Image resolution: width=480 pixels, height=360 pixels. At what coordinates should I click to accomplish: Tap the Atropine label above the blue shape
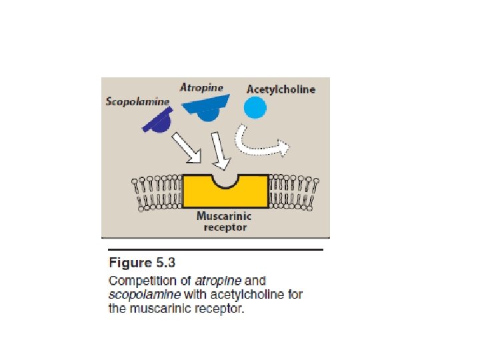[201, 87]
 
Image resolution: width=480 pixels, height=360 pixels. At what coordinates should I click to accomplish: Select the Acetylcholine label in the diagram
[281, 89]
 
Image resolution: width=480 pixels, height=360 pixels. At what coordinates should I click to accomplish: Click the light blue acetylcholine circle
[255, 107]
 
